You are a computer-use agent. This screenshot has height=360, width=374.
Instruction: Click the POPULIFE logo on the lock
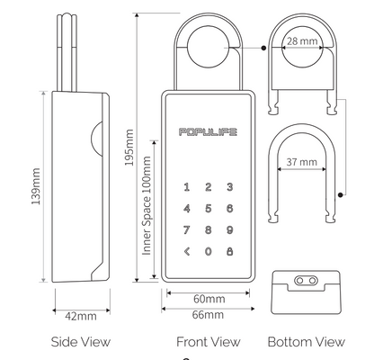click(208, 132)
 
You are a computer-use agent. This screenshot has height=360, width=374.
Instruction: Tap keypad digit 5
click(208, 208)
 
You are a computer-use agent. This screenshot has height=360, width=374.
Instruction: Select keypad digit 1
click(187, 187)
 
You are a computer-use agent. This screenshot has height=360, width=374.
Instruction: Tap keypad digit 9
click(229, 229)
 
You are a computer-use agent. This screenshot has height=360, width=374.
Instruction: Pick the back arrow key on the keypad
click(187, 250)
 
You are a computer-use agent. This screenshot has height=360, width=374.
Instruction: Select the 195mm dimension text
click(129, 148)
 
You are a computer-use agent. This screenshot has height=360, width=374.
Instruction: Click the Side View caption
click(80, 342)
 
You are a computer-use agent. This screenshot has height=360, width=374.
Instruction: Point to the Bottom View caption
click(306, 342)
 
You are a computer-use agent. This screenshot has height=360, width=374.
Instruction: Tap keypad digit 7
click(187, 229)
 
